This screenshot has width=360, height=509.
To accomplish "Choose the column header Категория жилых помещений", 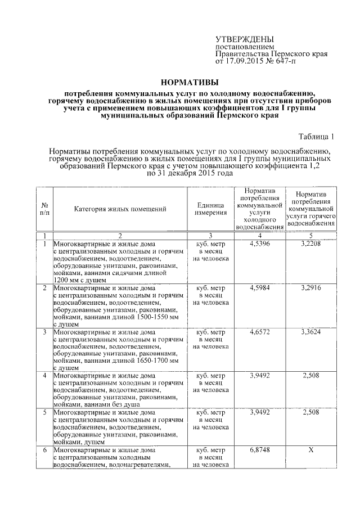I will click(120, 209).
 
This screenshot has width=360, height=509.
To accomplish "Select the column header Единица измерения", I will click(211, 209).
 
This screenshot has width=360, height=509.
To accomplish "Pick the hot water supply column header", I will click(311, 209).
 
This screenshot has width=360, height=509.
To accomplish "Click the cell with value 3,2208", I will click(311, 244).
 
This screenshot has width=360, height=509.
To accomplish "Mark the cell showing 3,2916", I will click(311, 288).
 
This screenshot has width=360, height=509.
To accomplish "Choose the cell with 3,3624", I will click(311, 332).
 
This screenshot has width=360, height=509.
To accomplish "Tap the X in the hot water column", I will click(311, 450).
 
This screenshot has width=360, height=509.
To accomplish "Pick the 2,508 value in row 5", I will click(311, 413).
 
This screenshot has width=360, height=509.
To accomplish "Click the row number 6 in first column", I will click(44, 450).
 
